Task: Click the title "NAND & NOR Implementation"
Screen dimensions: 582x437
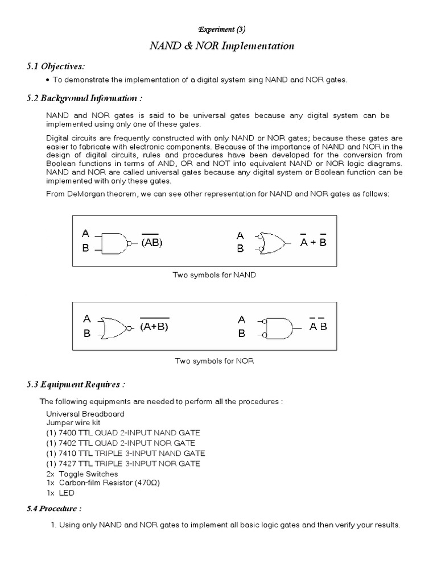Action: pos(218,46)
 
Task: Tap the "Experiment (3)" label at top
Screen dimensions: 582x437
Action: pos(218,28)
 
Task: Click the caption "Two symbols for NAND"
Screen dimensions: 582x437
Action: pos(215,275)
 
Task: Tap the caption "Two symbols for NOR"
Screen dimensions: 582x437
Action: pos(214,361)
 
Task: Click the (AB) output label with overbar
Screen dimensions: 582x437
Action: pos(152,243)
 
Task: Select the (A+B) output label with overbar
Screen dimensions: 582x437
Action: pos(154,326)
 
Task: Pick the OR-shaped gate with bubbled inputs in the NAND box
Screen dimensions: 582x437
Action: pos(273,243)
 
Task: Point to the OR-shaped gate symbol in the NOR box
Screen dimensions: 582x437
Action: pos(116,326)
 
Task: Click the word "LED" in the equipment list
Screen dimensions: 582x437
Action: pos(67,493)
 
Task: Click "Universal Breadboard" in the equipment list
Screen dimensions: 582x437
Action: pos(85,413)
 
